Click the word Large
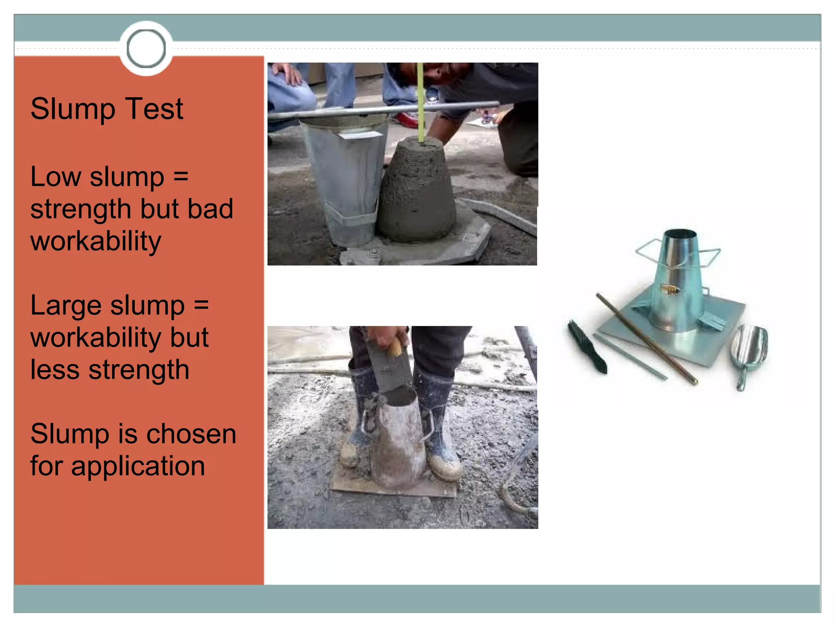pyautogui.click(x=67, y=306)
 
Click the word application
pyautogui.click(x=138, y=466)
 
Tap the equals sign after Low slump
pyautogui.click(x=181, y=177)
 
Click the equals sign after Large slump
pyautogui.click(x=201, y=305)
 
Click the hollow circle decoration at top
pyautogui.click(x=146, y=49)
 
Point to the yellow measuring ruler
pyautogui.click(x=421, y=102)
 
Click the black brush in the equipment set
pyautogui.click(x=587, y=347)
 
